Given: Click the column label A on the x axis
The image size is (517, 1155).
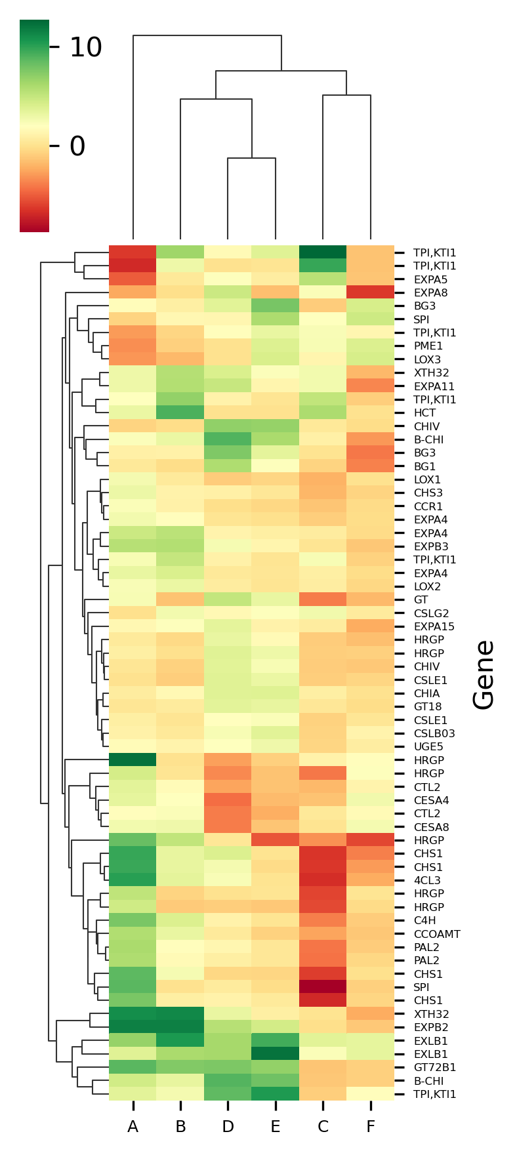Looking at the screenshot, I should point(133,1127).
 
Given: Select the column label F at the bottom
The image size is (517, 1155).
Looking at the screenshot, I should point(371,1127).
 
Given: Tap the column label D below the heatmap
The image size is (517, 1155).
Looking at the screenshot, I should point(228,1127).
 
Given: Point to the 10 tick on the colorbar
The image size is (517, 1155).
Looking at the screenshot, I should point(85,47).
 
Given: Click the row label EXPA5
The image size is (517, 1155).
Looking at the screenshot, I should point(430,279).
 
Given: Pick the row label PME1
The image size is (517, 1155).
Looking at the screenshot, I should point(428,346).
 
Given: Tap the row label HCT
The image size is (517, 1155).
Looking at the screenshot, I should point(424,413).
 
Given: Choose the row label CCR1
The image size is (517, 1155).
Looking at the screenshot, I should point(428,506).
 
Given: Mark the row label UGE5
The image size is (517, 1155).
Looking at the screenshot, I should point(428,747).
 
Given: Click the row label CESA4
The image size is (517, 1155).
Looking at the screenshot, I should point(431,801).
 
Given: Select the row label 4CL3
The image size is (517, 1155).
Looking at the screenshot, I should point(427,881).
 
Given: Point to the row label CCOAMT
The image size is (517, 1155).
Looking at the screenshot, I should point(436,934).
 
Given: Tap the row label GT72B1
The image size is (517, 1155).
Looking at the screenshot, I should point(434,1068).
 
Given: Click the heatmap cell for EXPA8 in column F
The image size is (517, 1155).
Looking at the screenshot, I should point(371,293).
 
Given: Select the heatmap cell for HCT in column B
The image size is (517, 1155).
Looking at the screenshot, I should point(180,413).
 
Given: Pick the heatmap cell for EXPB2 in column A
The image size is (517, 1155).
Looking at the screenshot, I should point(133,1028).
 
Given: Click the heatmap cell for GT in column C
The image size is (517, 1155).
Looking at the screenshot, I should point(323,600).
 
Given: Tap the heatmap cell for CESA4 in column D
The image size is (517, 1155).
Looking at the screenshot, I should point(228,801).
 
